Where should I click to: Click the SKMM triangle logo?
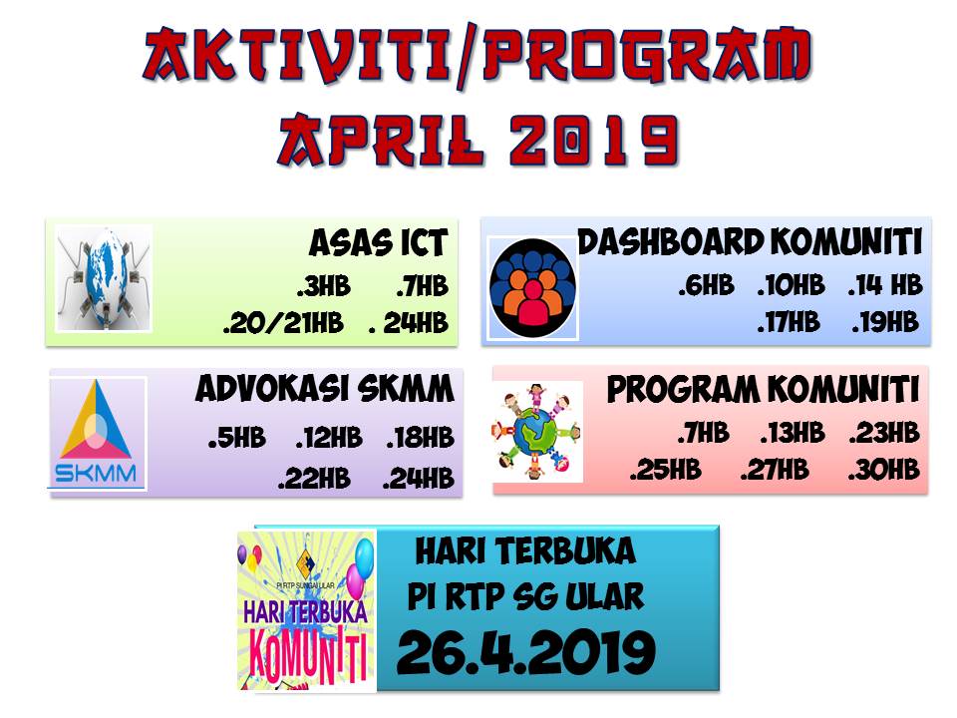pyautogui.click(x=99, y=433)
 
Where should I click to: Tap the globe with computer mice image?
pyautogui.click(x=104, y=278)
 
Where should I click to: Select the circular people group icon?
pyautogui.click(x=532, y=286)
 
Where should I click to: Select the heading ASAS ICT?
pyautogui.click(x=378, y=242)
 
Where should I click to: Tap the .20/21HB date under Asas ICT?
pyautogui.click(x=283, y=324)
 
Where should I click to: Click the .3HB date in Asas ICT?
pyautogui.click(x=323, y=287)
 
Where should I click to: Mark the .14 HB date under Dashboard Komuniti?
pyautogui.click(x=884, y=286)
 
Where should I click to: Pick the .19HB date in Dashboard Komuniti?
pyautogui.click(x=884, y=322)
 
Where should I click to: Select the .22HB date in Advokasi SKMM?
pyautogui.click(x=314, y=479)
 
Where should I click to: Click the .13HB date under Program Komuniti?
pyautogui.click(x=792, y=433)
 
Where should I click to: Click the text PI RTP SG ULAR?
pyautogui.click(x=525, y=597)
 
